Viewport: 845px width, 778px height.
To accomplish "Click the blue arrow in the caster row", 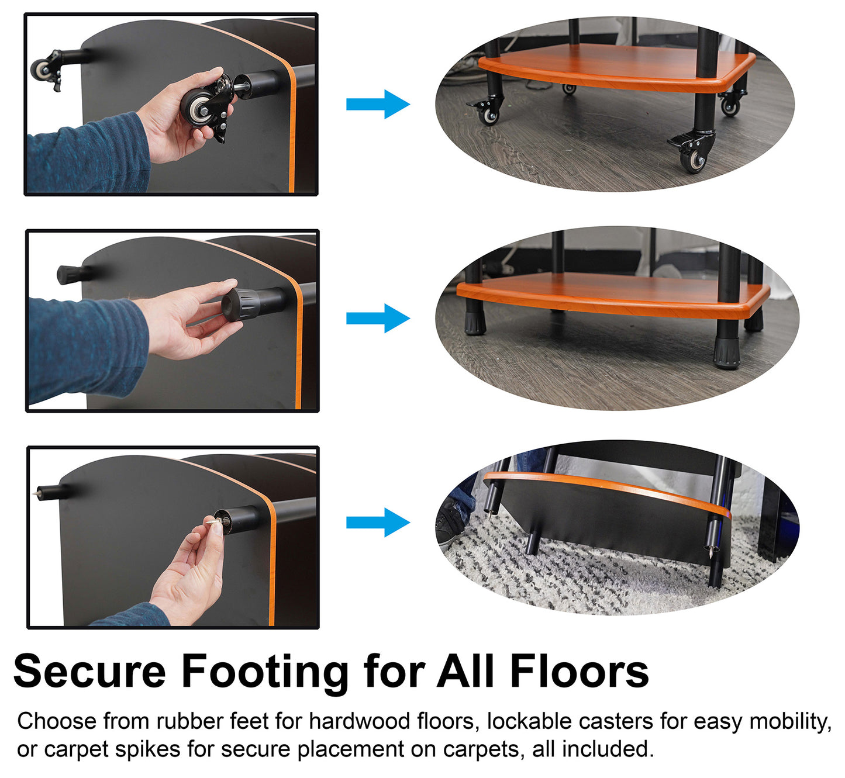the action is pos(378,104).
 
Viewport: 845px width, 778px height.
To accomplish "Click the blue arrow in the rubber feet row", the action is pos(378,319).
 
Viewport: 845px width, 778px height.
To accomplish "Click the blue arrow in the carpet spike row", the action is pos(378,523).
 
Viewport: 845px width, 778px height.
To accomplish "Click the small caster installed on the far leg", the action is pos(46,70).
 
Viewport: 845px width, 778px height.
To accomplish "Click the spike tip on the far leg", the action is pos(36,492).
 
